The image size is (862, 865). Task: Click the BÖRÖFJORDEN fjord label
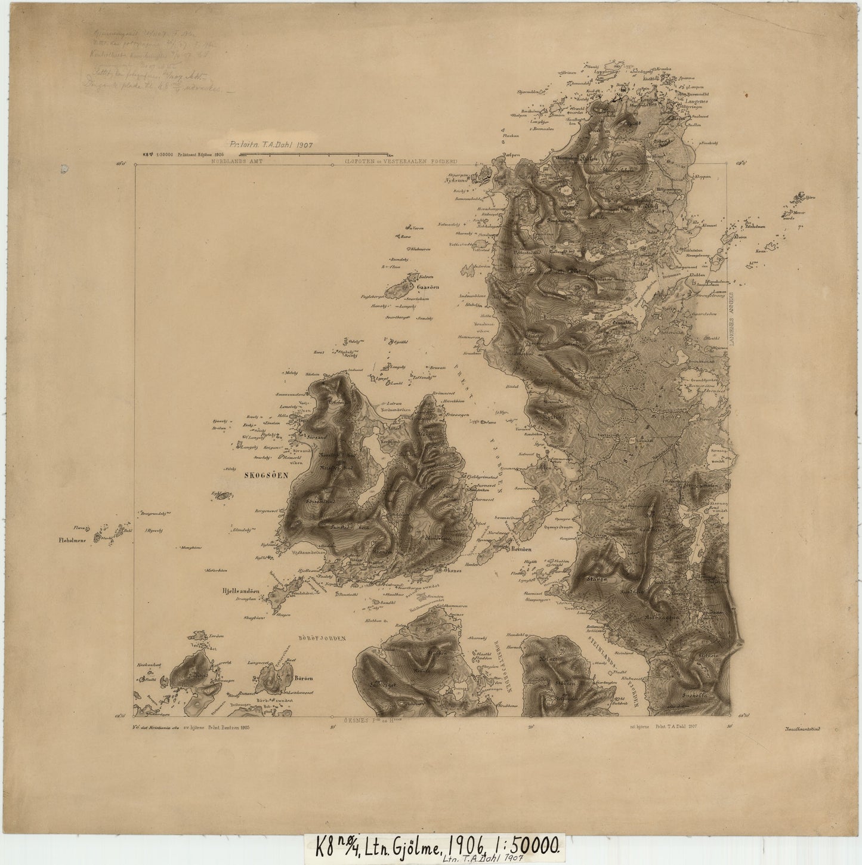(323, 638)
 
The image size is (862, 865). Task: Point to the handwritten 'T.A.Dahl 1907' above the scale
(273, 144)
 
